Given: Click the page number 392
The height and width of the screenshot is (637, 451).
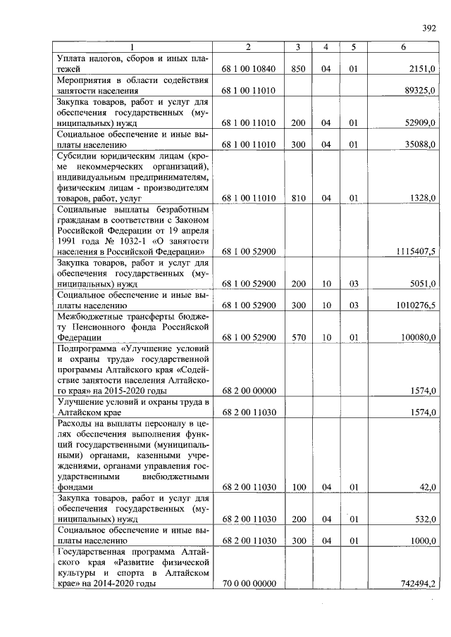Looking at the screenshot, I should click(x=429, y=29).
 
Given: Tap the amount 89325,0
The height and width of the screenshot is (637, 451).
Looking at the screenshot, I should click(x=421, y=91).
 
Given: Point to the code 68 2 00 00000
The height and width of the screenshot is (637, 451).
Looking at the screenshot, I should click(x=248, y=391).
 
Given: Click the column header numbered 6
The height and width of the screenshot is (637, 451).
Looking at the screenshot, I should click(x=403, y=47).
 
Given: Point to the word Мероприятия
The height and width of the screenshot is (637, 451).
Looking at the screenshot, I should click(x=88, y=80).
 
